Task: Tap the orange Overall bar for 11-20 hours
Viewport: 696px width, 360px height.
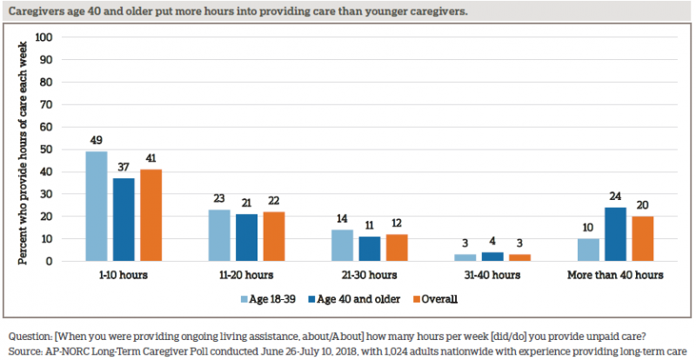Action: pyautogui.click(x=273, y=237)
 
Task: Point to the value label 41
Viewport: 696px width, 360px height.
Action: pyautogui.click(x=151, y=161)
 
